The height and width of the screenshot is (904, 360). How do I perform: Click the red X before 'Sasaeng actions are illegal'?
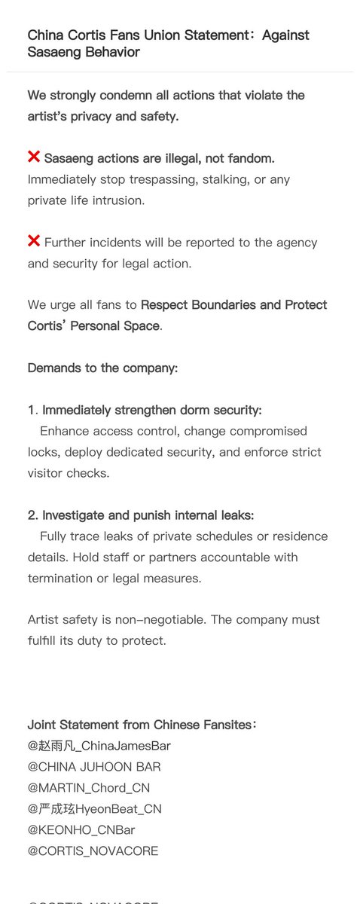[34, 157]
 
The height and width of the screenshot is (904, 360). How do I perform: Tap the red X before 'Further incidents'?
[34, 242]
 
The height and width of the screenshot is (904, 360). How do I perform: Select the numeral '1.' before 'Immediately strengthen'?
[32, 411]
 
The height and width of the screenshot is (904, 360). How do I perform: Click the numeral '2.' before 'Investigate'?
[32, 515]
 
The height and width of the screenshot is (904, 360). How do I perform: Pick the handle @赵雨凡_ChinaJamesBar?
[99, 746]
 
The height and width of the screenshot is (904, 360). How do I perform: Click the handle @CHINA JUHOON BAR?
[94, 767]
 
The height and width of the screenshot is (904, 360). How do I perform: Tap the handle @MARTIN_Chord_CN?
[88, 788]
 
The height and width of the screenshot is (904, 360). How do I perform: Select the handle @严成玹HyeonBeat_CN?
[94, 809]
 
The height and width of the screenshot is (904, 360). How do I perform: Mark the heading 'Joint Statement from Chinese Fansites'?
[140, 725]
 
